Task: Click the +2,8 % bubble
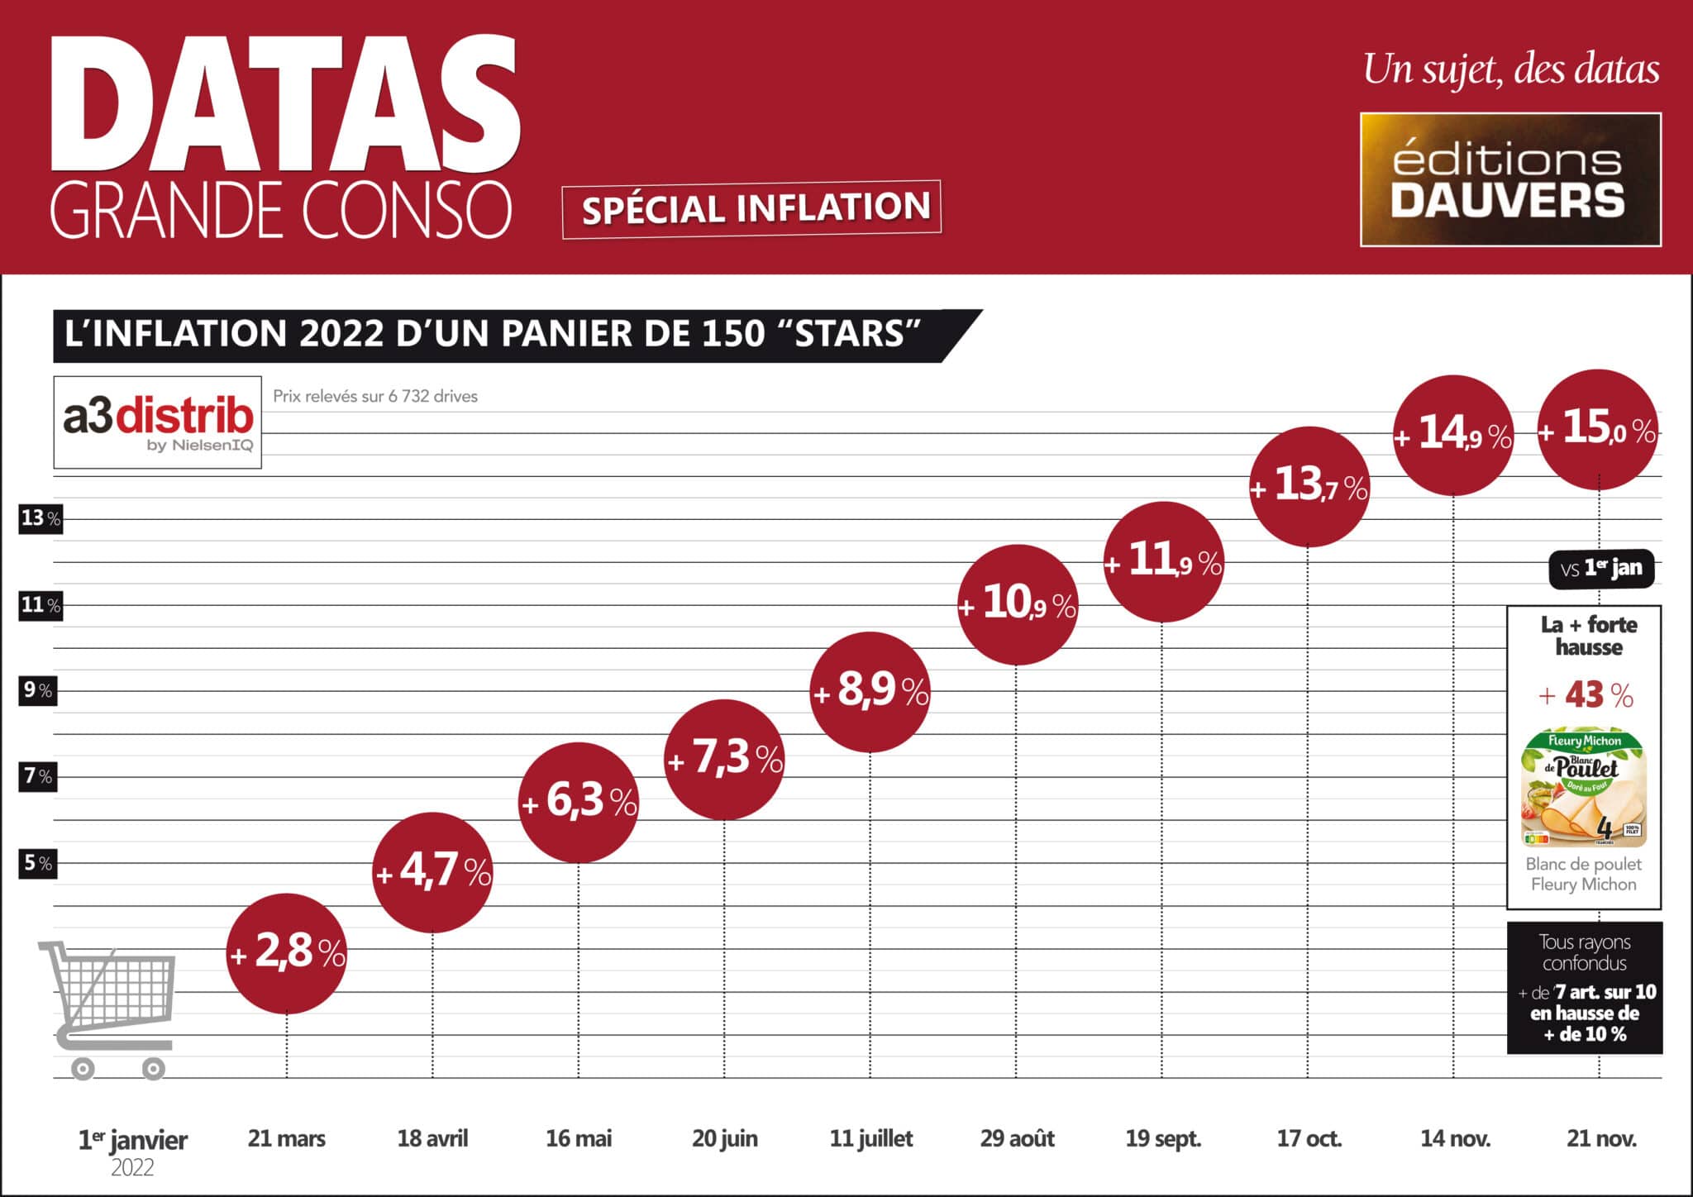point(286,953)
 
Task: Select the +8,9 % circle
point(870,692)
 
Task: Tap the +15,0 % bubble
point(1598,430)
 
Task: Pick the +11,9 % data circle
point(1162,562)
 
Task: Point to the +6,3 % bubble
point(579,803)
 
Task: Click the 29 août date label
point(1017,1139)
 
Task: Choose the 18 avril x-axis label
point(432,1139)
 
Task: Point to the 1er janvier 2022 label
point(132,1151)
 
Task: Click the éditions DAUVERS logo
point(1510,179)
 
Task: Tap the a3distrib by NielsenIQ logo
point(158,422)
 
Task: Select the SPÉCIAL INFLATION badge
point(751,208)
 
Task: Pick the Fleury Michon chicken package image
point(1584,789)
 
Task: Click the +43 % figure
point(1586,695)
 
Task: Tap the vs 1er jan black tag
point(1601,569)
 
